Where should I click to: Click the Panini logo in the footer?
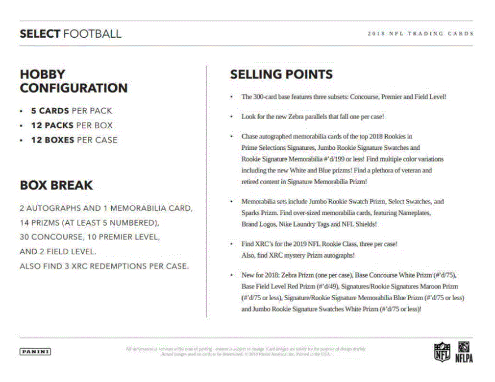(35, 351)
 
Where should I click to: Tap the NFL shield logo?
(442, 352)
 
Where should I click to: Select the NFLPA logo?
(464, 352)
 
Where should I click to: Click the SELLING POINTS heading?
(281, 74)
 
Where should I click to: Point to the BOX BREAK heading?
(56, 185)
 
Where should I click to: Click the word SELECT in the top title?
(40, 34)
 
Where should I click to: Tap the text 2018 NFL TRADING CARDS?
(420, 34)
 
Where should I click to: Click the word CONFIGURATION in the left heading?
(74, 88)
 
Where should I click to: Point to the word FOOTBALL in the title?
(92, 34)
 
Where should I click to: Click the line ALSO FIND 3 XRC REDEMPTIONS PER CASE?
(104, 266)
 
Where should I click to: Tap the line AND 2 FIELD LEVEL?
(58, 252)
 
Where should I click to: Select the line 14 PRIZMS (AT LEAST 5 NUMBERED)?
(90, 222)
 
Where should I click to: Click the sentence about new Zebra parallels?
(313, 117)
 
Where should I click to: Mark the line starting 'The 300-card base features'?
(344, 96)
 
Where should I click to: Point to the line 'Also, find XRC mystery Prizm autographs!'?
(297, 255)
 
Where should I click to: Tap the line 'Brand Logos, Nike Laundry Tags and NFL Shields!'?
(309, 224)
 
